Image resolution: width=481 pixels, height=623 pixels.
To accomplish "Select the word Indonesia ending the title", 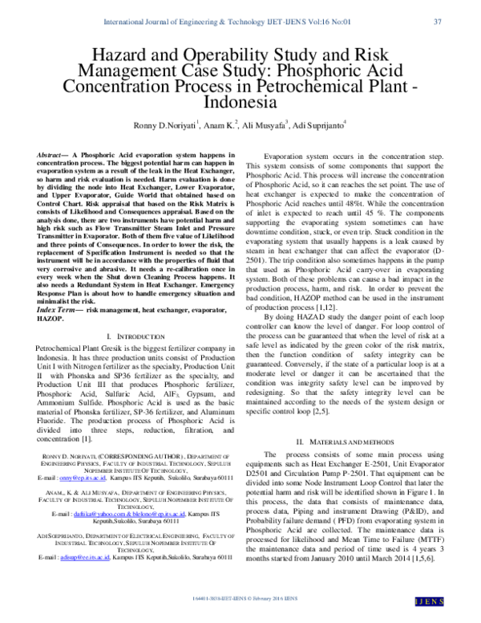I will tap(240, 104).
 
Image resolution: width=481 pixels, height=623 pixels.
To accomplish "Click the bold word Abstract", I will tap(53, 153).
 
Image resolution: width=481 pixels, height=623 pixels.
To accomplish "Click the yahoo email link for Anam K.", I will tap(87, 511).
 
